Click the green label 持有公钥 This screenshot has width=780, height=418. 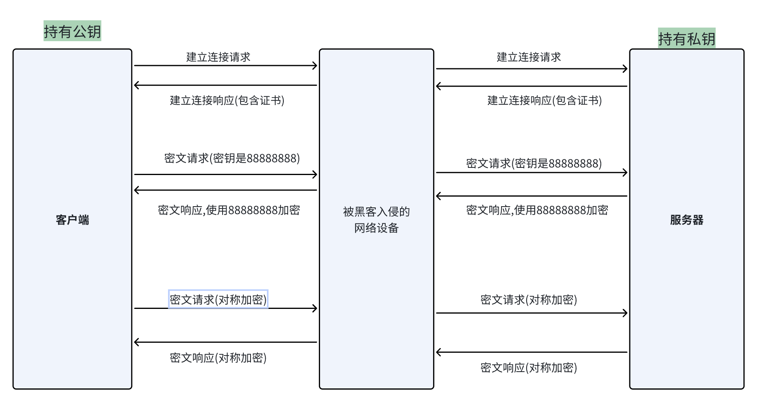tap(72, 31)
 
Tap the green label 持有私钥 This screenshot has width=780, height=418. tap(686, 38)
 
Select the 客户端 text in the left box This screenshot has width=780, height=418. tap(72, 220)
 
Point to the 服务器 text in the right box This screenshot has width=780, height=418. tap(686, 220)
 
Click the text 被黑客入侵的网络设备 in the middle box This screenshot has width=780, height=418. tap(376, 219)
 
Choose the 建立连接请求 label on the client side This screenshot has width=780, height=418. tap(218, 57)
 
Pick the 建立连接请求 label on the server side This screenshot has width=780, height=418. tap(528, 57)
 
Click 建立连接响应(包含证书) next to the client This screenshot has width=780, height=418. tap(227, 100)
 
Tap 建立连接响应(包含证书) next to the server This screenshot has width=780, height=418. tap(544, 100)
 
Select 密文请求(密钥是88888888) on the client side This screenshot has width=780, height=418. tap(232, 158)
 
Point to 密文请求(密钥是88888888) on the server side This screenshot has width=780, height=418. tap(534, 163)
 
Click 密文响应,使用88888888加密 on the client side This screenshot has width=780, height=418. tap(229, 210)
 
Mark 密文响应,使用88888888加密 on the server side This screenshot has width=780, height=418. tap(537, 210)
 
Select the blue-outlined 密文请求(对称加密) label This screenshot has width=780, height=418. tap(218, 300)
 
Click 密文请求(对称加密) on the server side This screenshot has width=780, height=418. tap(528, 300)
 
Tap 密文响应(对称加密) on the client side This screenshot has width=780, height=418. tap(218, 358)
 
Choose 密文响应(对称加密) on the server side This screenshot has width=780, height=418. tap(528, 368)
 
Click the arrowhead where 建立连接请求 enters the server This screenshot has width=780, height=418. tap(625, 69)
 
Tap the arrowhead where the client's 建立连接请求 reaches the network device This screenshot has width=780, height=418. tap(315, 66)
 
